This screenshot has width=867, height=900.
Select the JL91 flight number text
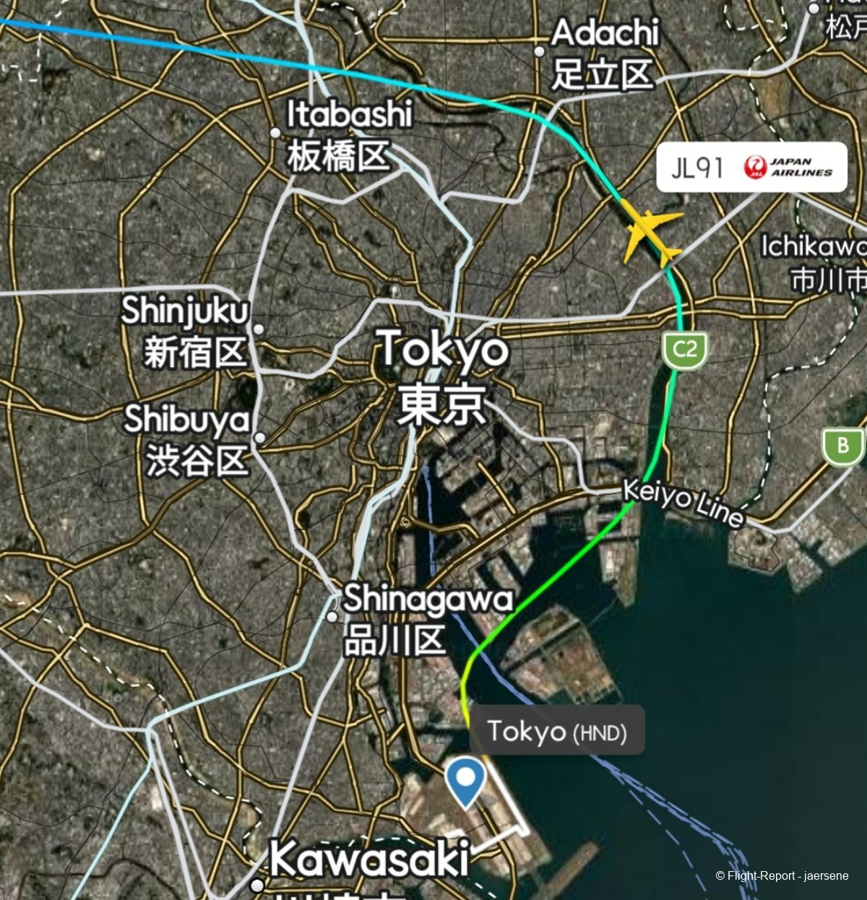pos(696,168)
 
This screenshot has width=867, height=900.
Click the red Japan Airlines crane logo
pos(755,167)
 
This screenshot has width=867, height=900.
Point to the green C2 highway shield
pos(684,351)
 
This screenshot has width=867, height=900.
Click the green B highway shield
pos(842,446)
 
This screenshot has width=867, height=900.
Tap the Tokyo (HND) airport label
pos(556,731)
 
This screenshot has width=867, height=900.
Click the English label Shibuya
pos(187,419)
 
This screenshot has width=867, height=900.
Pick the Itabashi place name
pos(350,114)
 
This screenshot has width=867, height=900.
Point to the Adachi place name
pos(605,33)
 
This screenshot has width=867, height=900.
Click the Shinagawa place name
pos(428,599)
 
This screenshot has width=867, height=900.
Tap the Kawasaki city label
pos(370,860)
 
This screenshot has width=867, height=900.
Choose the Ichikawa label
pos(813,247)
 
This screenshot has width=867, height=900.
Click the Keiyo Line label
pos(683,503)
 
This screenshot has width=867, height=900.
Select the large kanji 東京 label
pos(441,404)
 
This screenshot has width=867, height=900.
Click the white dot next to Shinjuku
pos(259,329)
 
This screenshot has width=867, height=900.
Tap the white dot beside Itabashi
pos(275,133)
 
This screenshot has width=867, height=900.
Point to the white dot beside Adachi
pos(539,51)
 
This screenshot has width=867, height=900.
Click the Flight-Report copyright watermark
pos(782,876)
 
